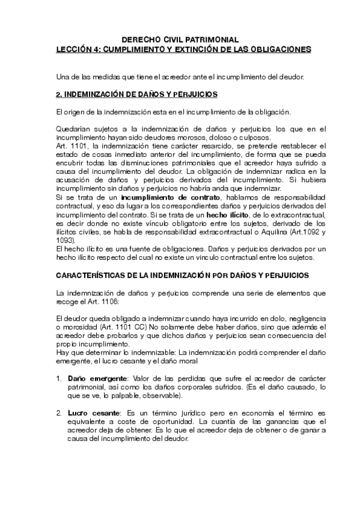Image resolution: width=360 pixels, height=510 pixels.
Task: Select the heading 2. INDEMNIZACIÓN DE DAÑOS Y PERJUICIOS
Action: click(x=136, y=95)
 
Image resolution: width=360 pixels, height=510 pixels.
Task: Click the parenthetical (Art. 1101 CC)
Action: click(x=126, y=326)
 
